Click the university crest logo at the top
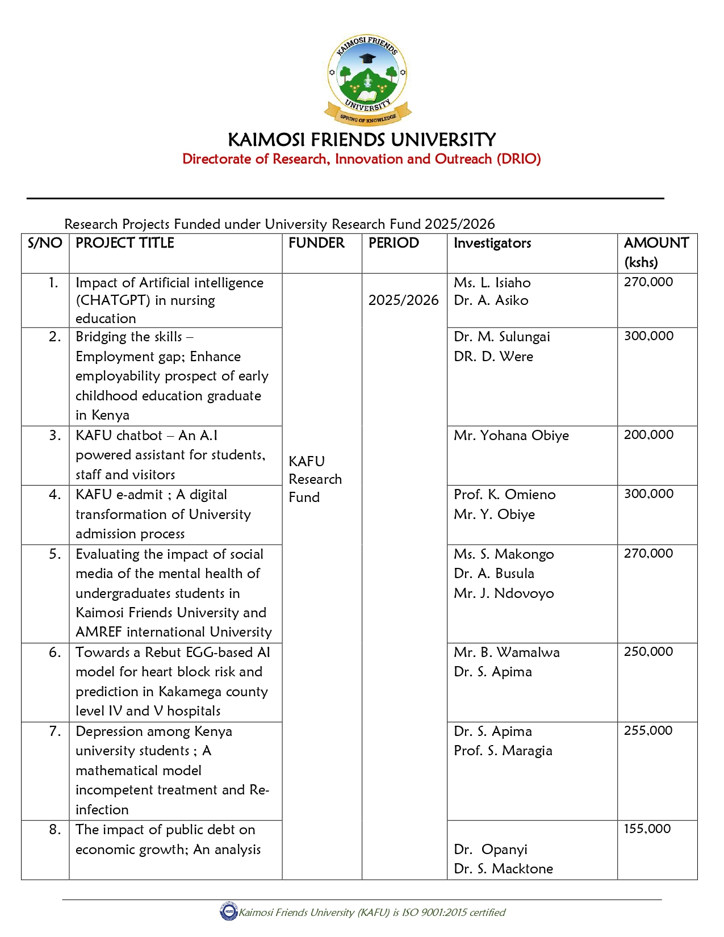coord(367,78)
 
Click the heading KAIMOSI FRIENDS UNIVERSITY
coord(362,140)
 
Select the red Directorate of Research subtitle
coord(361,159)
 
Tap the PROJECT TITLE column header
coord(125,243)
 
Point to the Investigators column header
coord(492,243)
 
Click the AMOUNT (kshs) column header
coord(656,252)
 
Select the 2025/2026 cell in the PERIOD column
coord(403,300)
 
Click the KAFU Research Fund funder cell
coord(315,479)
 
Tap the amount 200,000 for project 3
coord(648,435)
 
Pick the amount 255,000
coord(648,731)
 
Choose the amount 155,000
coord(647,829)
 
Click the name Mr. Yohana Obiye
coord(511,436)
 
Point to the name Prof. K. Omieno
coord(504,495)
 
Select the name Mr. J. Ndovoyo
coord(504,593)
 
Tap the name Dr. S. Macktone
coord(503,869)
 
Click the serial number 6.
coord(55,652)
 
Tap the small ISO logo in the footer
coord(228,912)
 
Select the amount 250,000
coord(648,652)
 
